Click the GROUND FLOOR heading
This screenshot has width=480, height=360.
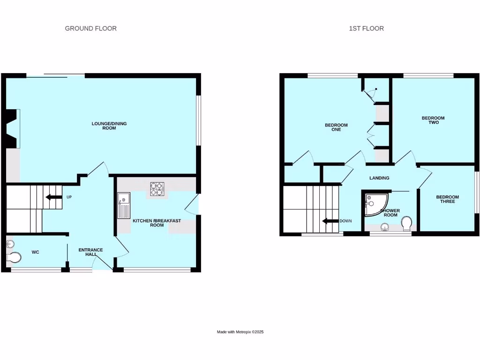(90, 29)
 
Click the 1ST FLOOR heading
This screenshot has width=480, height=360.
(366, 29)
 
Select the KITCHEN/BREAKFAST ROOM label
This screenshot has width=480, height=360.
(157, 223)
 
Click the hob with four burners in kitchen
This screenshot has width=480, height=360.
(156, 189)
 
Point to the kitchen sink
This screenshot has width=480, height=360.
(124, 206)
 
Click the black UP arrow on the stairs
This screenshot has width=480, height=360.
(53, 197)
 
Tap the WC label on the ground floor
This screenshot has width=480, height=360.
(35, 252)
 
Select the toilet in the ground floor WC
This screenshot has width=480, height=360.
(15, 258)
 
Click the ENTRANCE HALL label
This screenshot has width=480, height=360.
(90, 252)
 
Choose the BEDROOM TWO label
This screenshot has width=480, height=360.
(433, 120)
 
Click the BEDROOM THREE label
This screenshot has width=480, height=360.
(447, 199)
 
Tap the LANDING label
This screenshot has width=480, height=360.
(379, 178)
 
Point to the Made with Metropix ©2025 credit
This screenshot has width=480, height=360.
(240, 332)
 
